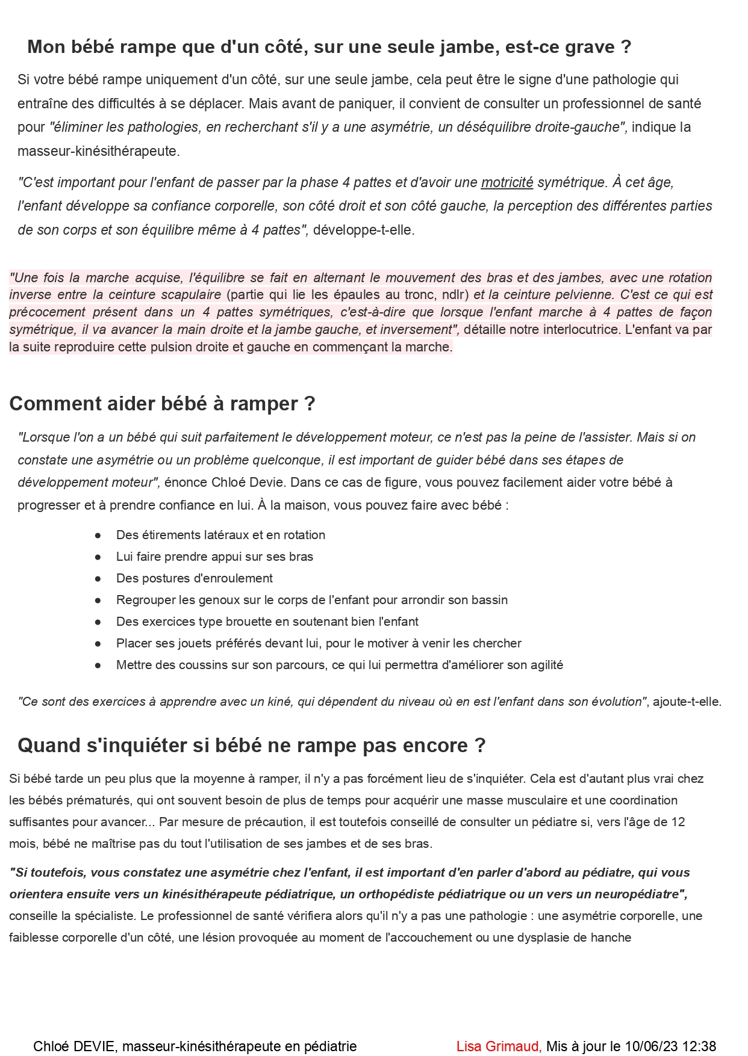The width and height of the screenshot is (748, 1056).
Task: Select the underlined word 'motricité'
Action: click(506, 182)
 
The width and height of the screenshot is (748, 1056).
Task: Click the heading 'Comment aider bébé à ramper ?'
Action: click(162, 404)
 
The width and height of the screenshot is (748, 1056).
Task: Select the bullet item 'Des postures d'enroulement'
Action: click(194, 578)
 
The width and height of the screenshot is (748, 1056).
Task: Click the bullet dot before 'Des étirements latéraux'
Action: click(98, 535)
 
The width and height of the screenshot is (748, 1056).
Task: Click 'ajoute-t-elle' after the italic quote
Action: click(686, 702)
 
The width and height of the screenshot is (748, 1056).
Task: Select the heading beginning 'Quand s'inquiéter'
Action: click(251, 746)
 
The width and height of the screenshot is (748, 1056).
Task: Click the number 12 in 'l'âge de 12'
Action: click(678, 822)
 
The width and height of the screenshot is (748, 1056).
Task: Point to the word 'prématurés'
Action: click(101, 800)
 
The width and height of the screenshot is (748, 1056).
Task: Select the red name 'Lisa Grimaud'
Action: click(498, 1046)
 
